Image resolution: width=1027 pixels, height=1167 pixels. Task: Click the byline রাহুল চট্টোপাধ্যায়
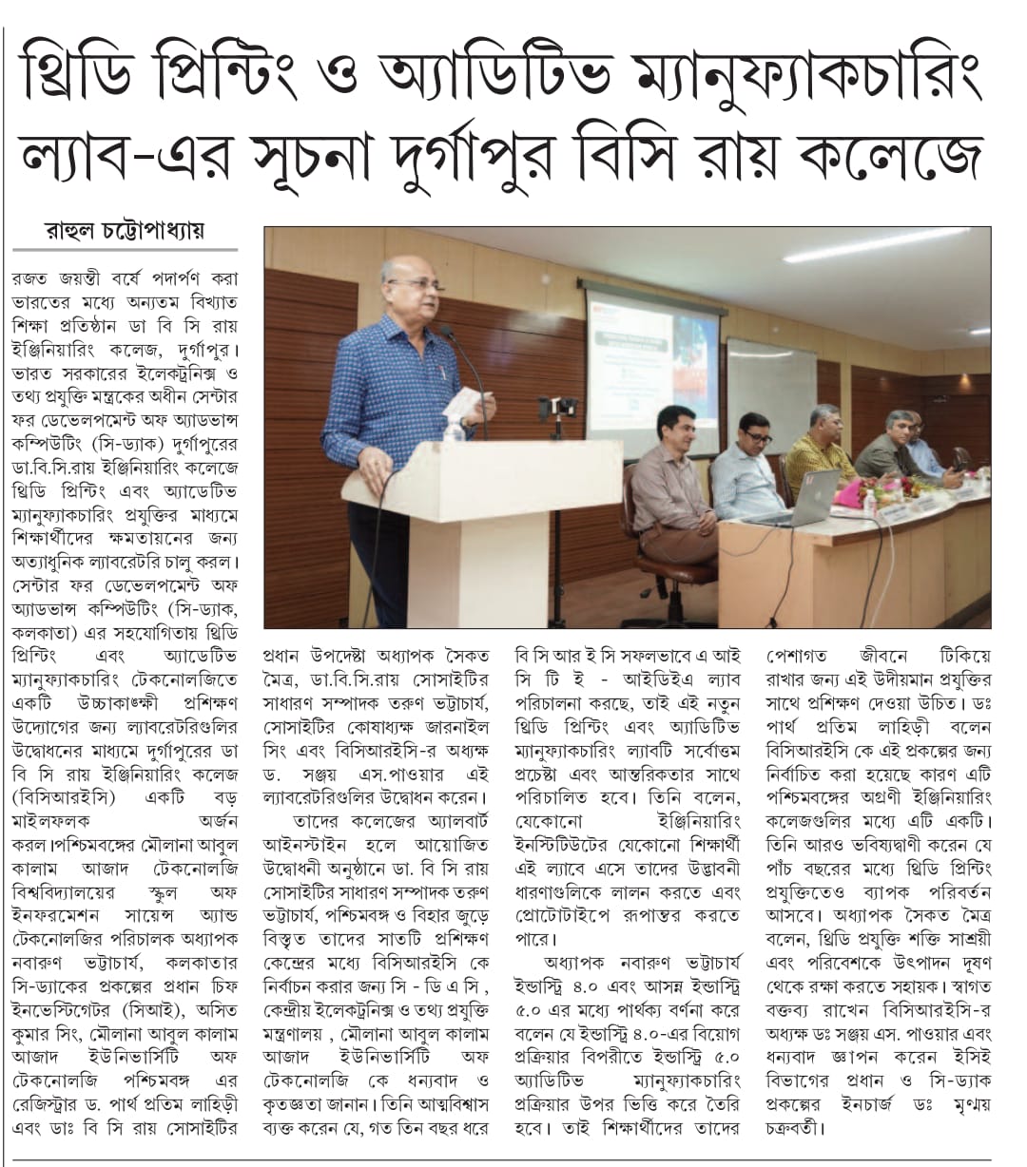[125, 232]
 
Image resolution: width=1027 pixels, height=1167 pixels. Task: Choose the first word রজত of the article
[31, 279]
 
